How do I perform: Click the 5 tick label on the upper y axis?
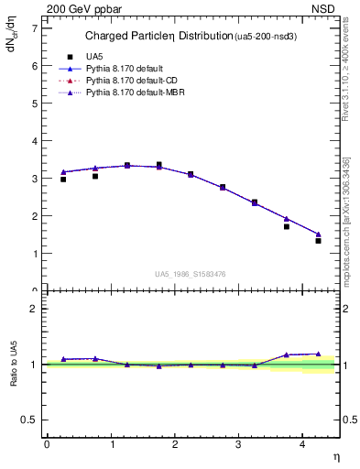(x=35, y=104)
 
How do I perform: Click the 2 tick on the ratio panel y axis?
(x=35, y=309)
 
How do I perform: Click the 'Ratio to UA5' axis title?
(x=14, y=364)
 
